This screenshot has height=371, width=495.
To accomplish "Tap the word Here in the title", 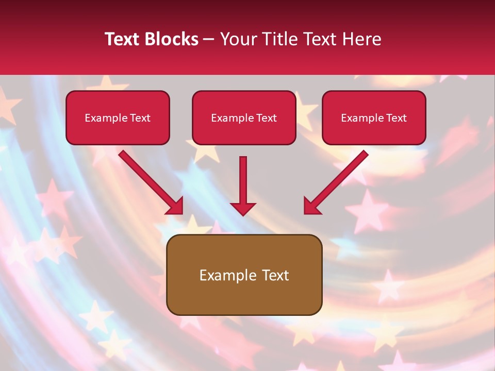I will coord(362,39).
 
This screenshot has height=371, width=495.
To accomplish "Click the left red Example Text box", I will coord(118,118).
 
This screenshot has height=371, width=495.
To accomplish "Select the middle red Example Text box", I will coord(244,118).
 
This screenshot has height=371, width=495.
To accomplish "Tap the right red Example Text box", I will coord(374,118).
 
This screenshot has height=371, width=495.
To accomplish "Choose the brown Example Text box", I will coord(244,275).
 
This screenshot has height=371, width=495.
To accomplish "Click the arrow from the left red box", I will coord(150,181).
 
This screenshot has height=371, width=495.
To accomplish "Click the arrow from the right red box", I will coord(338,181).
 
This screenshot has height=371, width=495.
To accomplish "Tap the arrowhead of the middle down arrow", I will coord(243,208).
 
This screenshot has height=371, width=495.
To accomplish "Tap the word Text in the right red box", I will coord(396,118).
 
